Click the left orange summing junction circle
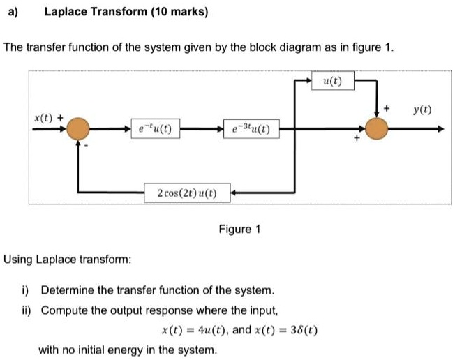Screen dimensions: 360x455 (x=79, y=128)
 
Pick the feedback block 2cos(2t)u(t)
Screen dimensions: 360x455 (x=186, y=193)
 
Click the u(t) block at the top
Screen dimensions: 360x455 (x=333, y=82)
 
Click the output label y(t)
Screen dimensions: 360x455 (x=422, y=110)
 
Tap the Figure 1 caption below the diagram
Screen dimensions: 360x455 (x=239, y=229)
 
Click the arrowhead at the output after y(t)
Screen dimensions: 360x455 (x=440, y=128)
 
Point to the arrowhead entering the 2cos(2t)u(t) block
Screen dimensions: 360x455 (x=235, y=193)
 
